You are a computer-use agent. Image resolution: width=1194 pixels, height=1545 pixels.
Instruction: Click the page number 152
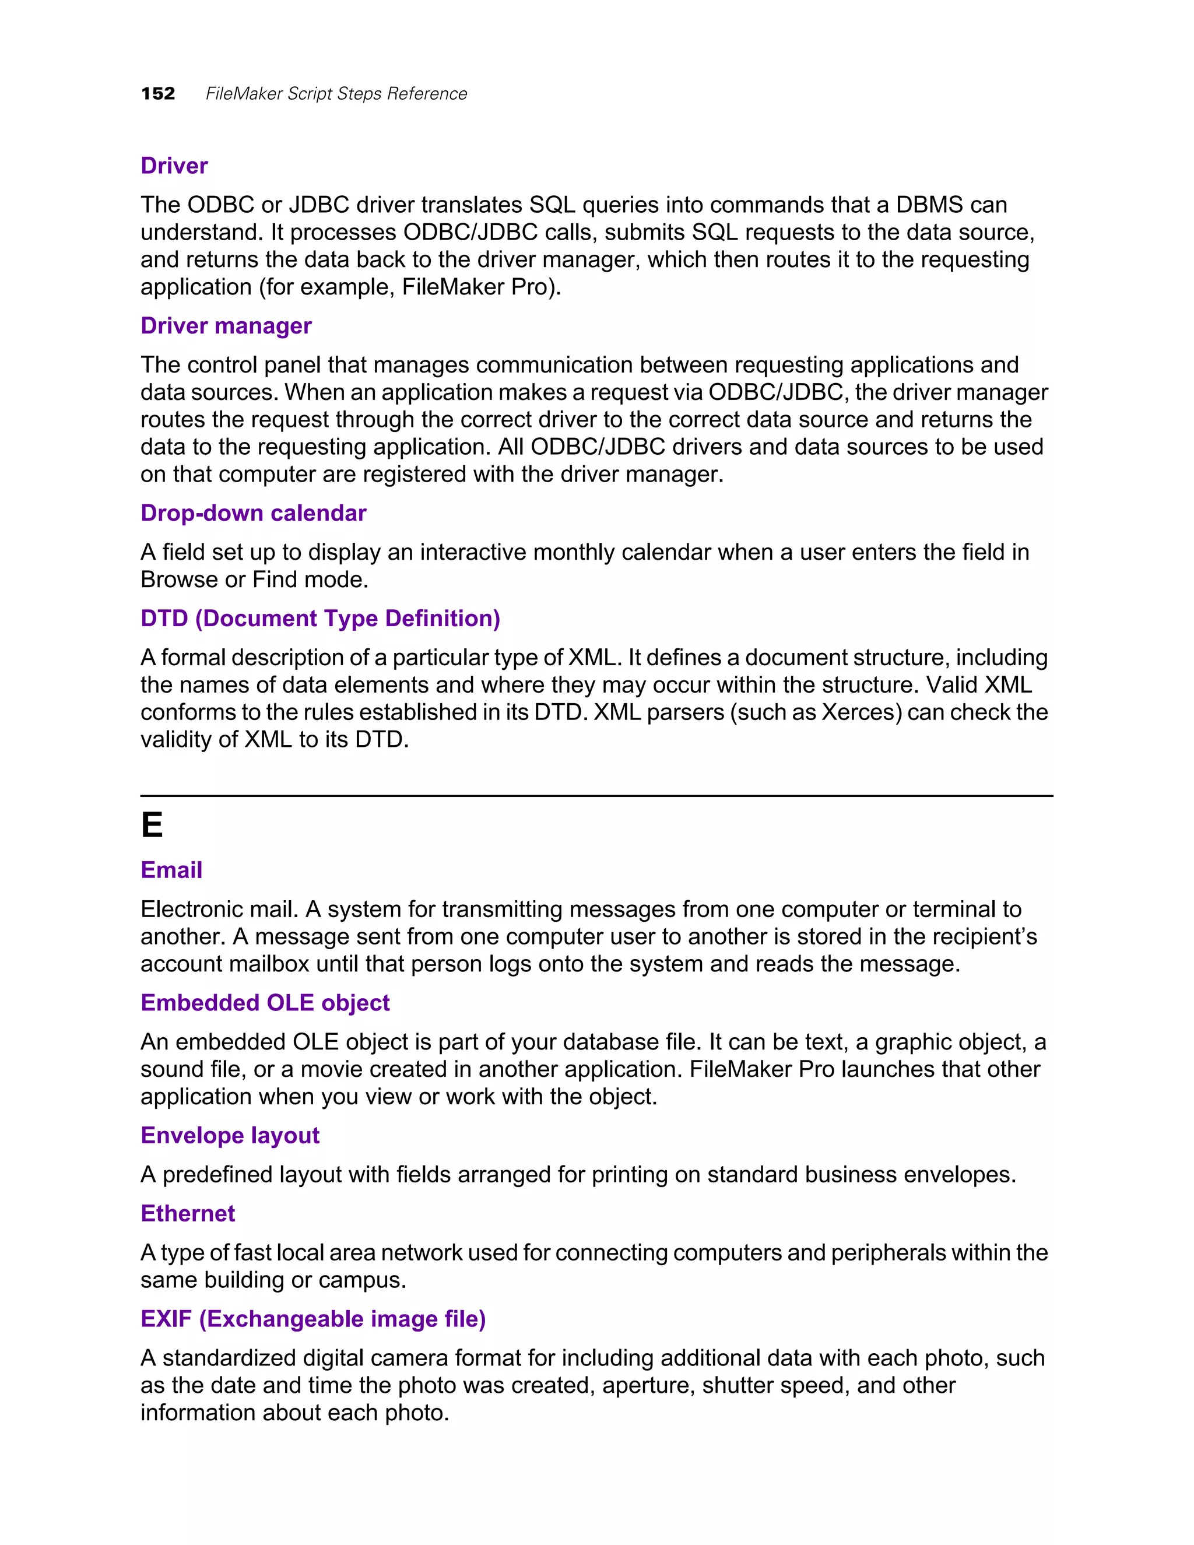tap(158, 93)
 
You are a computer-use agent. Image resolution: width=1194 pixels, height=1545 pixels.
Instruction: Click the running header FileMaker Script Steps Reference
tap(336, 94)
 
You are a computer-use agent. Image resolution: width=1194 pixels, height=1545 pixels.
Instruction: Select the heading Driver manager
tap(226, 325)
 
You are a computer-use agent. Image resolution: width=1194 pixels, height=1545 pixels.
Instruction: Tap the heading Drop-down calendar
tap(253, 513)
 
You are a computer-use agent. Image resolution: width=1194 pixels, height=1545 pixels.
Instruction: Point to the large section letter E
tap(152, 826)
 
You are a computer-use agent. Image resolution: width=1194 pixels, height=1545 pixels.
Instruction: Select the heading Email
tap(171, 870)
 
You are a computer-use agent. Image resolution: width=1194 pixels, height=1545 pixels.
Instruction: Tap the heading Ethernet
tap(188, 1213)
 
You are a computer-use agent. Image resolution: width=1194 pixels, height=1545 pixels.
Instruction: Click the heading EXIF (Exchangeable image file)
tap(312, 1319)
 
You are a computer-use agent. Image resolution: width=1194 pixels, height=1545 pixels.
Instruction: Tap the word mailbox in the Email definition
tap(275, 964)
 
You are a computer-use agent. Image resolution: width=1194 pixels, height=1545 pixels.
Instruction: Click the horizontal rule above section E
tap(596, 796)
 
